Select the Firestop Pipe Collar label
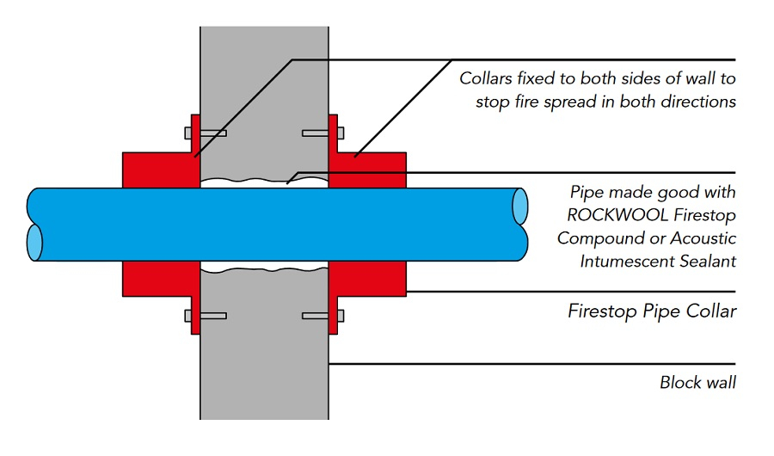click(x=652, y=311)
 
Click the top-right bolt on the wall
click(x=323, y=133)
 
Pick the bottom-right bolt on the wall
click(x=323, y=316)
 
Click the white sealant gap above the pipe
click(x=264, y=182)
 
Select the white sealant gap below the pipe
click(x=264, y=269)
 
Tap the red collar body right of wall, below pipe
click(x=367, y=277)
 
